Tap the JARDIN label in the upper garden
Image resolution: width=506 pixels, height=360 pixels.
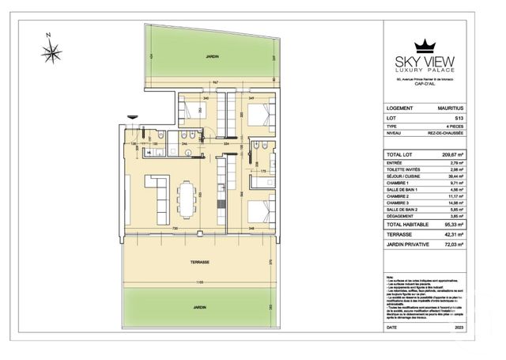210,57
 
